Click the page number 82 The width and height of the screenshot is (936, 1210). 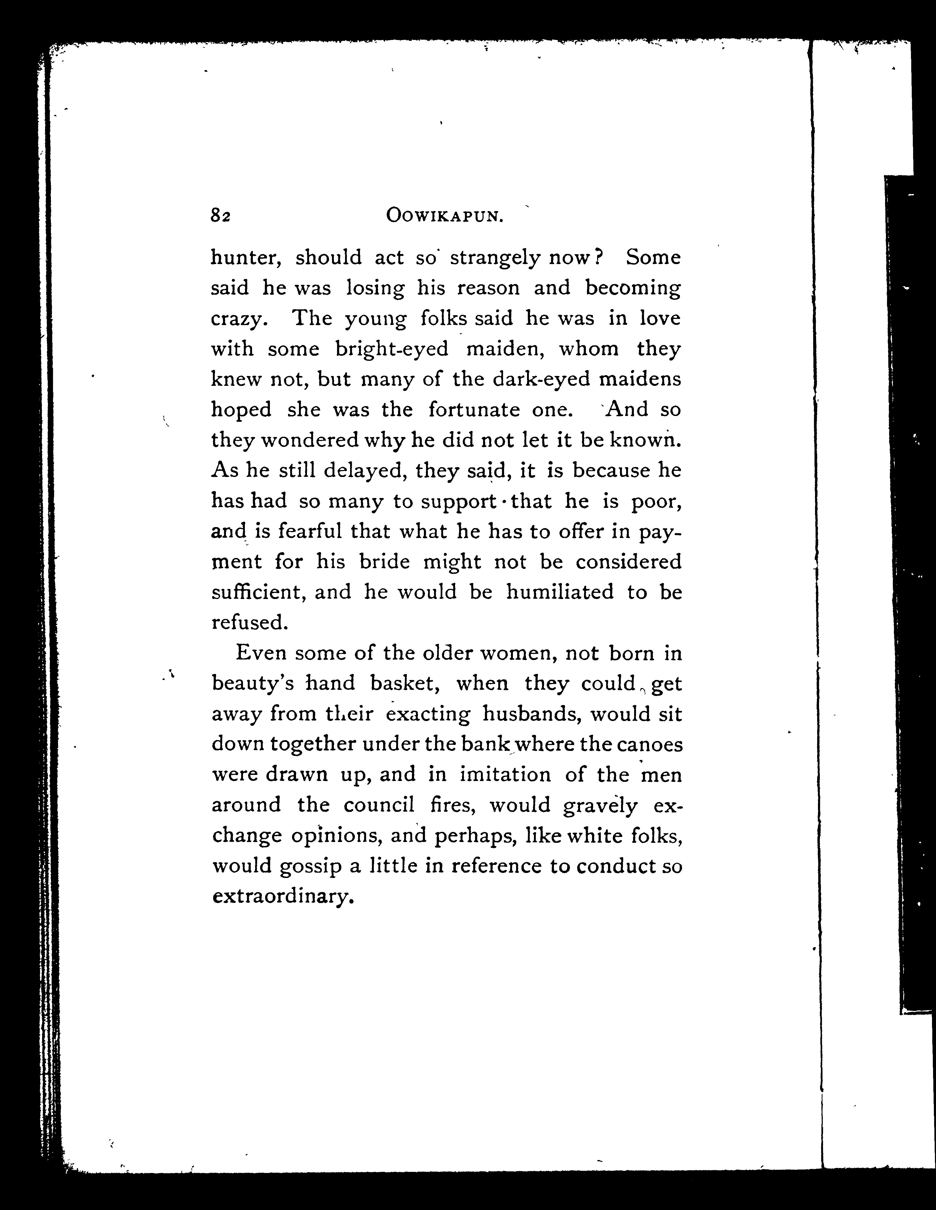(220, 216)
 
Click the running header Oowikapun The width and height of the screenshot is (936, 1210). (445, 216)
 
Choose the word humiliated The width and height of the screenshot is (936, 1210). (560, 592)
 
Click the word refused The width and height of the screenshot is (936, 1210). (249, 623)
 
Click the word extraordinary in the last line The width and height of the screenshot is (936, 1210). (282, 896)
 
